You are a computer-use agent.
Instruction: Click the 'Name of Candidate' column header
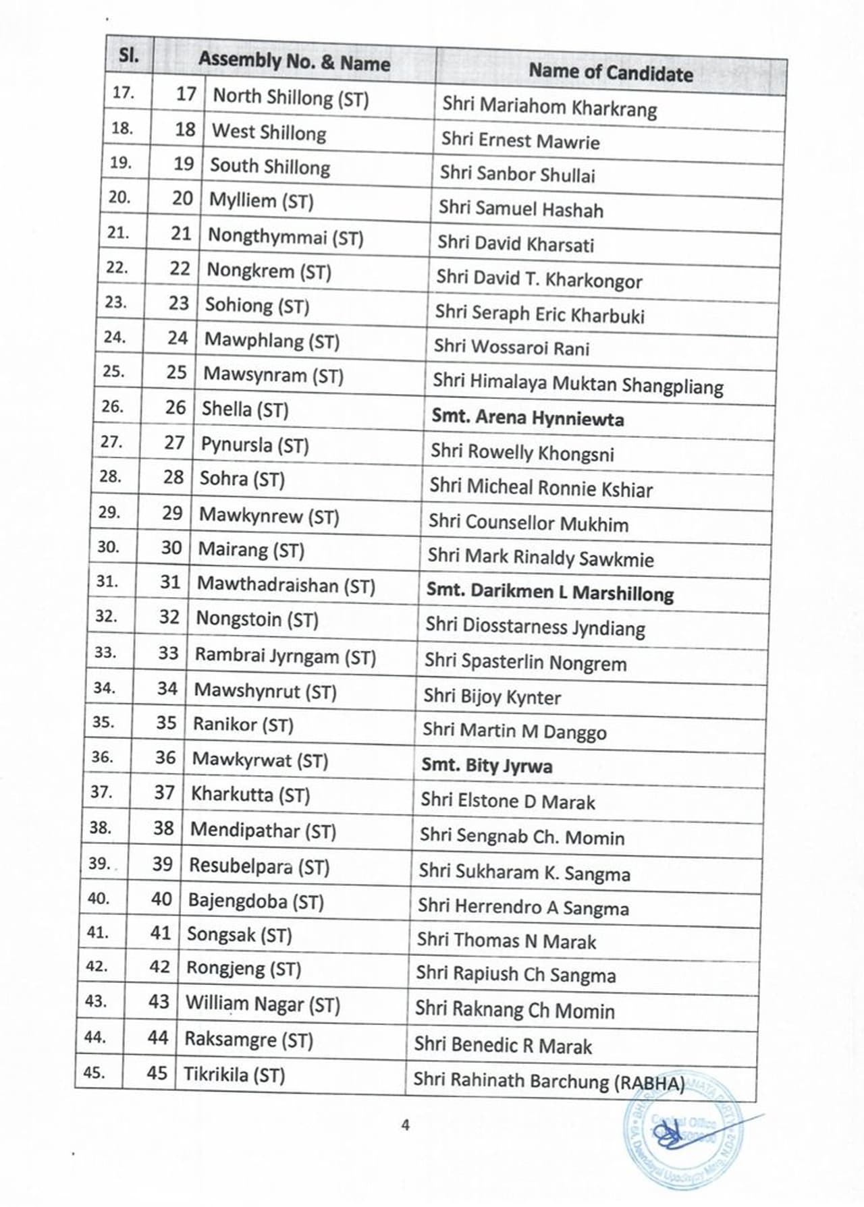click(610, 72)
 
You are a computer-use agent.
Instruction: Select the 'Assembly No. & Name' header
click(294, 62)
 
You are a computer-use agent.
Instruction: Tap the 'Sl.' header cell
click(129, 55)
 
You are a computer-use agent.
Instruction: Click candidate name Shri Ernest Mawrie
click(520, 140)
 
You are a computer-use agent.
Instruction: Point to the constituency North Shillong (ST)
click(291, 98)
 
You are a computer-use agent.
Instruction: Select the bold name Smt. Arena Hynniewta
click(528, 418)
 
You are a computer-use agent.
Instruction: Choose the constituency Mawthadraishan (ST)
click(286, 586)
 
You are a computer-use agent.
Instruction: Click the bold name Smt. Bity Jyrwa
click(487, 766)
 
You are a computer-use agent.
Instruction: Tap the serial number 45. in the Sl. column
click(94, 1071)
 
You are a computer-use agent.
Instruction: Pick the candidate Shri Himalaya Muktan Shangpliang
click(578, 384)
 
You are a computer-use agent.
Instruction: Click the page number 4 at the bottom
click(405, 1125)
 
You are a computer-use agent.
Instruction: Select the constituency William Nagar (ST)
click(263, 1005)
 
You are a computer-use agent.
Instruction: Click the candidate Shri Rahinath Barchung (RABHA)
click(549, 1082)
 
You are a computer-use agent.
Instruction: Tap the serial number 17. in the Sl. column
click(123, 92)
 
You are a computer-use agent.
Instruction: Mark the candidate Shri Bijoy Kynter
click(492, 697)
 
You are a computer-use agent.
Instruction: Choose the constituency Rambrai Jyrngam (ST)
click(285, 656)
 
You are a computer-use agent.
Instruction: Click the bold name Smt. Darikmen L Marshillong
click(549, 592)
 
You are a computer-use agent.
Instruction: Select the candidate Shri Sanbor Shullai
click(518, 174)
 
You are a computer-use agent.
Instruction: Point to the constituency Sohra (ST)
click(242, 479)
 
